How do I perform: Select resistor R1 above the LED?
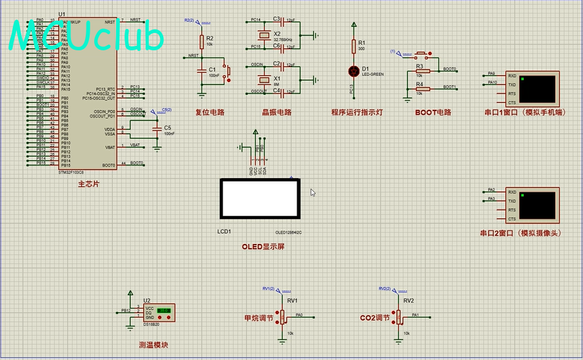[x=353, y=46]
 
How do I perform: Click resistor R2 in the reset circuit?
[x=201, y=41]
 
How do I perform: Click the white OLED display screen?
[x=260, y=198]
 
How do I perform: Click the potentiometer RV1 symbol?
[x=282, y=316]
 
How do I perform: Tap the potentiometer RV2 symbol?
[x=399, y=316]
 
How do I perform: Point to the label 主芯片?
[x=88, y=185]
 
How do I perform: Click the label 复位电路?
[x=210, y=112]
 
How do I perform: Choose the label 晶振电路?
[x=276, y=112]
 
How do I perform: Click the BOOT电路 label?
[x=433, y=112]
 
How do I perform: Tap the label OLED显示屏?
[x=262, y=247]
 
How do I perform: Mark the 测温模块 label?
[x=153, y=345]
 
